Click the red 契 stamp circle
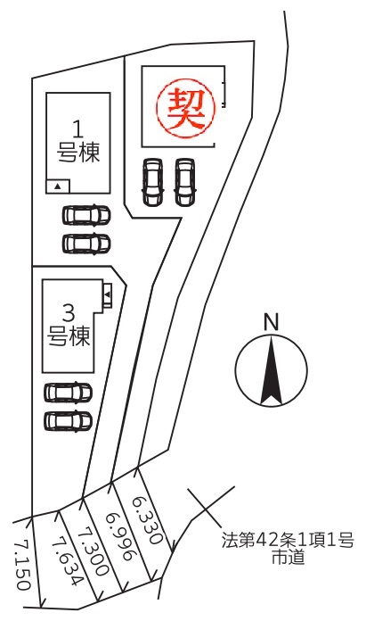click(x=186, y=108)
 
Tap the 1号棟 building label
click(x=78, y=141)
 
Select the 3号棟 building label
click(x=69, y=325)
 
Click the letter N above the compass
click(x=271, y=322)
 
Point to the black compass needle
click(x=271, y=370)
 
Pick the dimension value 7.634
click(x=68, y=560)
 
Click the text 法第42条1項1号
click(x=288, y=540)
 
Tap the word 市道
click(x=289, y=557)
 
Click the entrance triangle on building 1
click(x=58, y=186)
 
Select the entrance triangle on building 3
click(x=107, y=294)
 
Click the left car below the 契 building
click(x=152, y=182)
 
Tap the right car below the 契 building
click(x=184, y=182)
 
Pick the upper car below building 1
click(x=86, y=215)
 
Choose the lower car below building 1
click(x=86, y=244)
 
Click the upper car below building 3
click(x=69, y=393)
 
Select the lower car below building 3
click(x=69, y=420)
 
